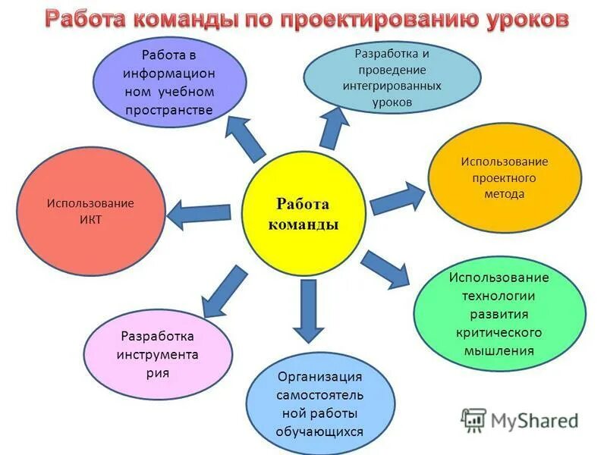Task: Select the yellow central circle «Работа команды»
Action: click(x=303, y=214)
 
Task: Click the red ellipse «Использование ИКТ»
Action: click(x=90, y=212)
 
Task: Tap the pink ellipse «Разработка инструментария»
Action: click(x=157, y=353)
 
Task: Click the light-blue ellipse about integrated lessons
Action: click(x=392, y=77)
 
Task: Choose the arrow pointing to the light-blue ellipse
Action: click(x=332, y=126)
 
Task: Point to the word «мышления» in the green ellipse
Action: click(x=499, y=351)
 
